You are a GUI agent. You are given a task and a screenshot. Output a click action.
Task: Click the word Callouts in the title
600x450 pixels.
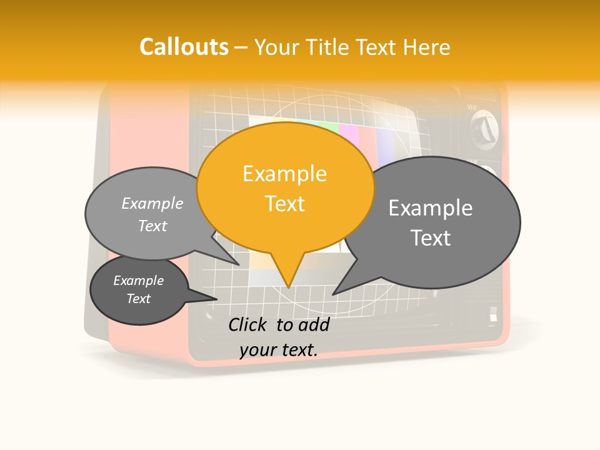(x=184, y=47)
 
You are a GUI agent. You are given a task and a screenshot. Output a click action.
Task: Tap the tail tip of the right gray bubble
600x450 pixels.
(x=334, y=294)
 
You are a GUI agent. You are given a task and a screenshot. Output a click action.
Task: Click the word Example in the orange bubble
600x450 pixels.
(x=284, y=174)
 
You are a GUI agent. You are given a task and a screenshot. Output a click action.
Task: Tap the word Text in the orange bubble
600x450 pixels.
(x=285, y=204)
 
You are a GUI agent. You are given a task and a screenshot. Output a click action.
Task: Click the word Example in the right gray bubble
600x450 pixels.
(x=430, y=208)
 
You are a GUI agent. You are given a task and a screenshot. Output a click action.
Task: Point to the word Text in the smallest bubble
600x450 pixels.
(x=139, y=299)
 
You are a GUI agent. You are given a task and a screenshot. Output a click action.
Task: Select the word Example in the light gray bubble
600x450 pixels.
(x=152, y=203)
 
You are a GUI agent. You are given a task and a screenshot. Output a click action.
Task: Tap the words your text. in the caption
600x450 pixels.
(x=279, y=350)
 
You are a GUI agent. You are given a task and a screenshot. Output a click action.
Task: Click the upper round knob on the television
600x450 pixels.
(x=484, y=131)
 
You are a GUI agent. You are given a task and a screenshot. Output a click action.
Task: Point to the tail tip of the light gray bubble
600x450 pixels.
(x=239, y=264)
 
